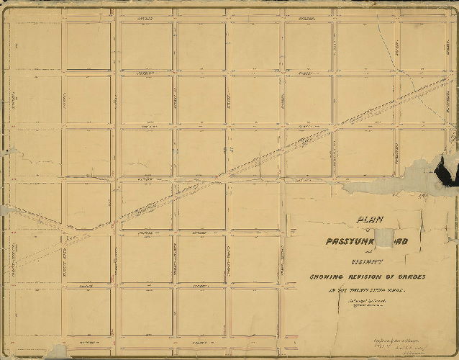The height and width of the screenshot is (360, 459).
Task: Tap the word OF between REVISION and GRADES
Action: [x=386, y=278]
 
